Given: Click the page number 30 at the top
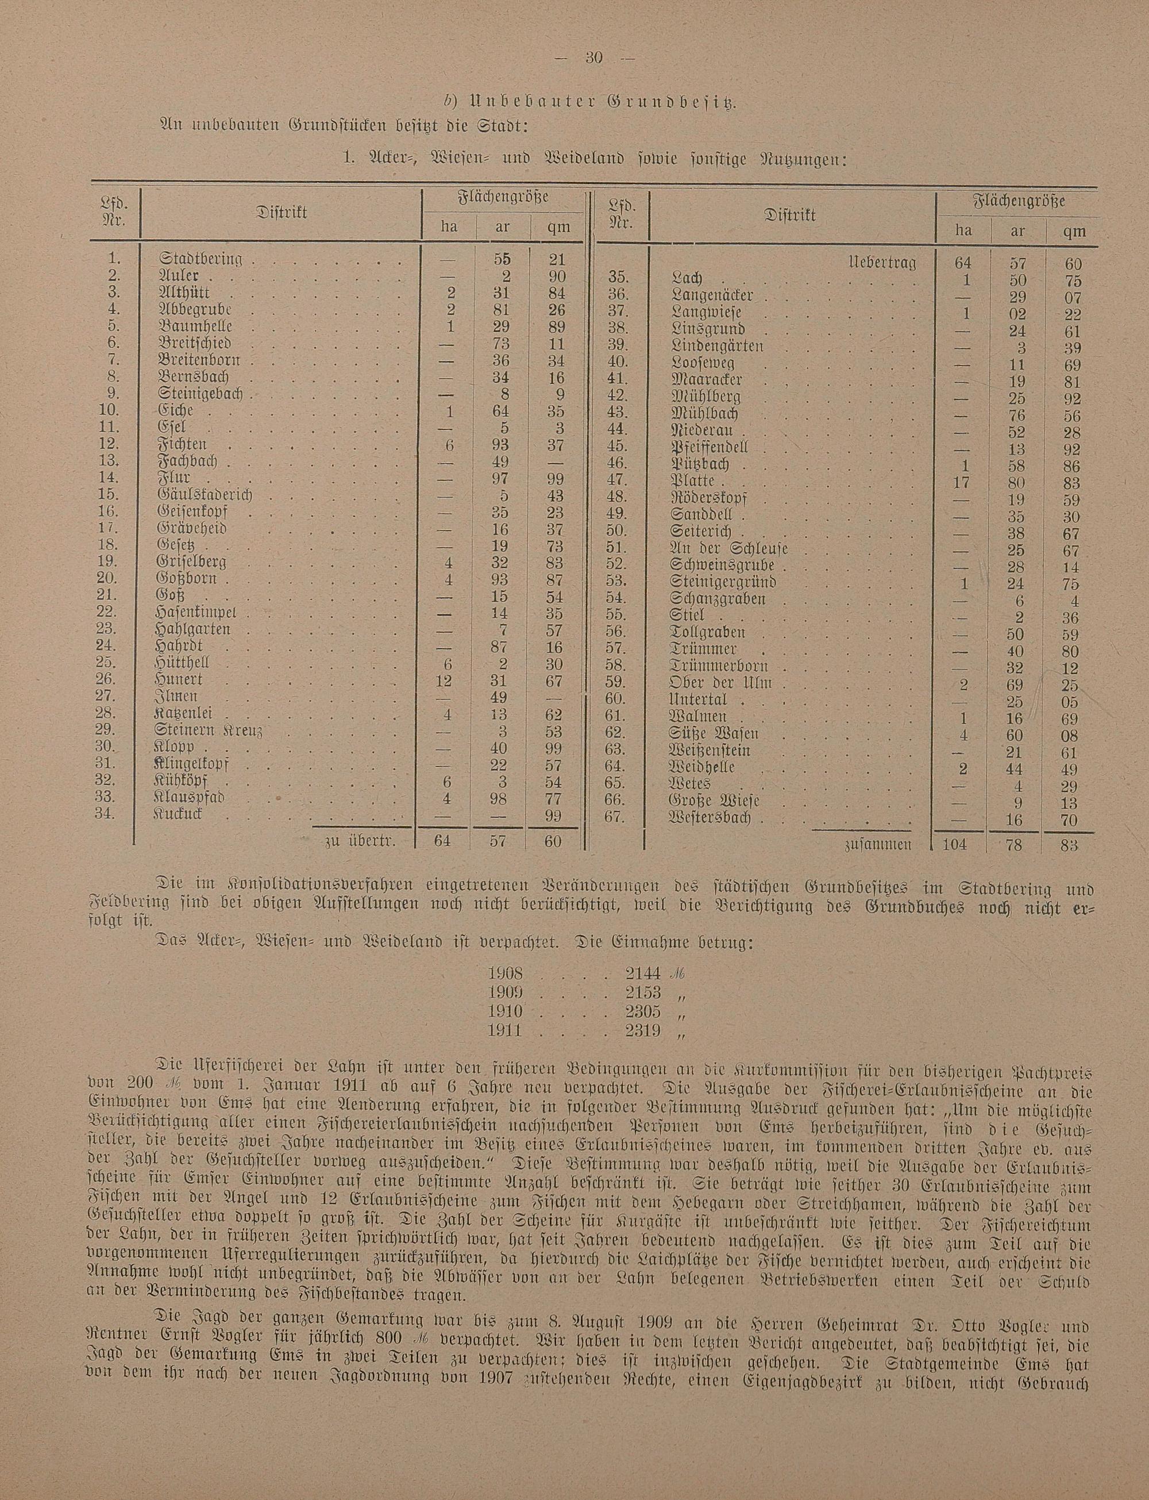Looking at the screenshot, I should point(592,59).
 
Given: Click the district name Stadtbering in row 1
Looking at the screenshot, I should point(201,259).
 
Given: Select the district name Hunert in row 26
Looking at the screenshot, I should point(180,680).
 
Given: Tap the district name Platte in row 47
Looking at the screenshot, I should point(694,481).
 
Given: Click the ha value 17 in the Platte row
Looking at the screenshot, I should point(962,482).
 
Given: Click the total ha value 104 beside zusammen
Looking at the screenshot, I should point(954,844).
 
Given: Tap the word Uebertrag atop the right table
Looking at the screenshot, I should point(882,263).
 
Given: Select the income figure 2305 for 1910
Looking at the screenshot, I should point(643,1011).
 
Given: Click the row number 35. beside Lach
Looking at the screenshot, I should point(618,279).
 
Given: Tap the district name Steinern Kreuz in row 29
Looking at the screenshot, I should point(209,730).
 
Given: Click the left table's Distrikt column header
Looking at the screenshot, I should point(282,213).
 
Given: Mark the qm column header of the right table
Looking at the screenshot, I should point(1071,231).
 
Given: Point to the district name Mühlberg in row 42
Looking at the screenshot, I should point(707,397).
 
